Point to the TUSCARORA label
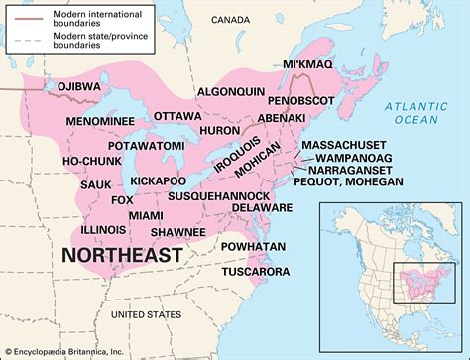tap(256, 271)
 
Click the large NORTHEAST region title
tap(122, 256)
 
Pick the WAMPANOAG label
tap(356, 157)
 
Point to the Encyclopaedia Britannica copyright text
tap(70, 351)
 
